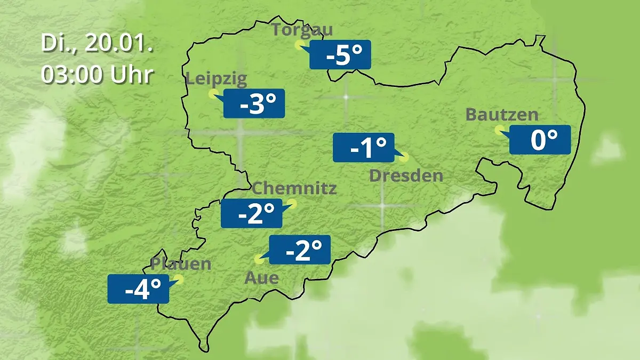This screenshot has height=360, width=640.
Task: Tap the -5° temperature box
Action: (340, 55)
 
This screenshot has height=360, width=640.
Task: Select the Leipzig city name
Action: (216, 79)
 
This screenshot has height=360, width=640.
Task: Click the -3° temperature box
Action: (254, 103)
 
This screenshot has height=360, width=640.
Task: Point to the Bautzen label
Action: (502, 115)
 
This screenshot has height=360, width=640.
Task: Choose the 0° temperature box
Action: (540, 140)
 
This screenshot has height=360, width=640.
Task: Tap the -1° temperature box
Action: (363, 148)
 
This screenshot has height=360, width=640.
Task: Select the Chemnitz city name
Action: (294, 188)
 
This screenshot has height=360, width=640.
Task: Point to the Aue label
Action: (261, 277)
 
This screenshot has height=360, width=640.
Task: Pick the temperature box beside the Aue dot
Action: (300, 250)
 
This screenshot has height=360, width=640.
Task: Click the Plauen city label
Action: (181, 263)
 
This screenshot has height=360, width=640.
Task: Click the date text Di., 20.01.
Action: (97, 44)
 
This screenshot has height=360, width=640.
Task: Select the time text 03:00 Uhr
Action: (97, 75)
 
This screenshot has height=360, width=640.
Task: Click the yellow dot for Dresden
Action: (404, 157)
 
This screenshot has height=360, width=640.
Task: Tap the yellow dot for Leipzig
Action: (213, 94)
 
